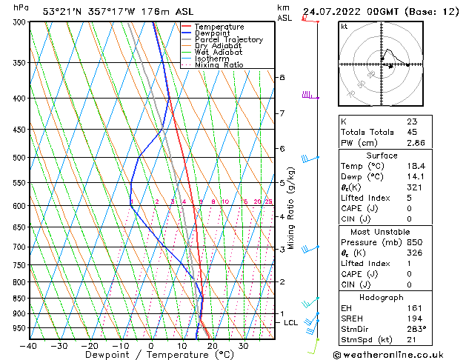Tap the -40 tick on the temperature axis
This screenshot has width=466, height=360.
point(30,346)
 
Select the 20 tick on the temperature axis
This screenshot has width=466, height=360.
point(212,346)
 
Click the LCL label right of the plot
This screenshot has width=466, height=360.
point(291,323)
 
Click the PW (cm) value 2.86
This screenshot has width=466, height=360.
point(416,143)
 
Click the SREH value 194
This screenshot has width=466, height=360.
point(413,319)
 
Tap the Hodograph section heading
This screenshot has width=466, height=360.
point(382,297)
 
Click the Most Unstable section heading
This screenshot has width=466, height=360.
point(382,231)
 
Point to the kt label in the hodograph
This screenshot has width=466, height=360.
point(344,26)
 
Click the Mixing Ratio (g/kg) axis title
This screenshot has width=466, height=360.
point(291,207)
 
